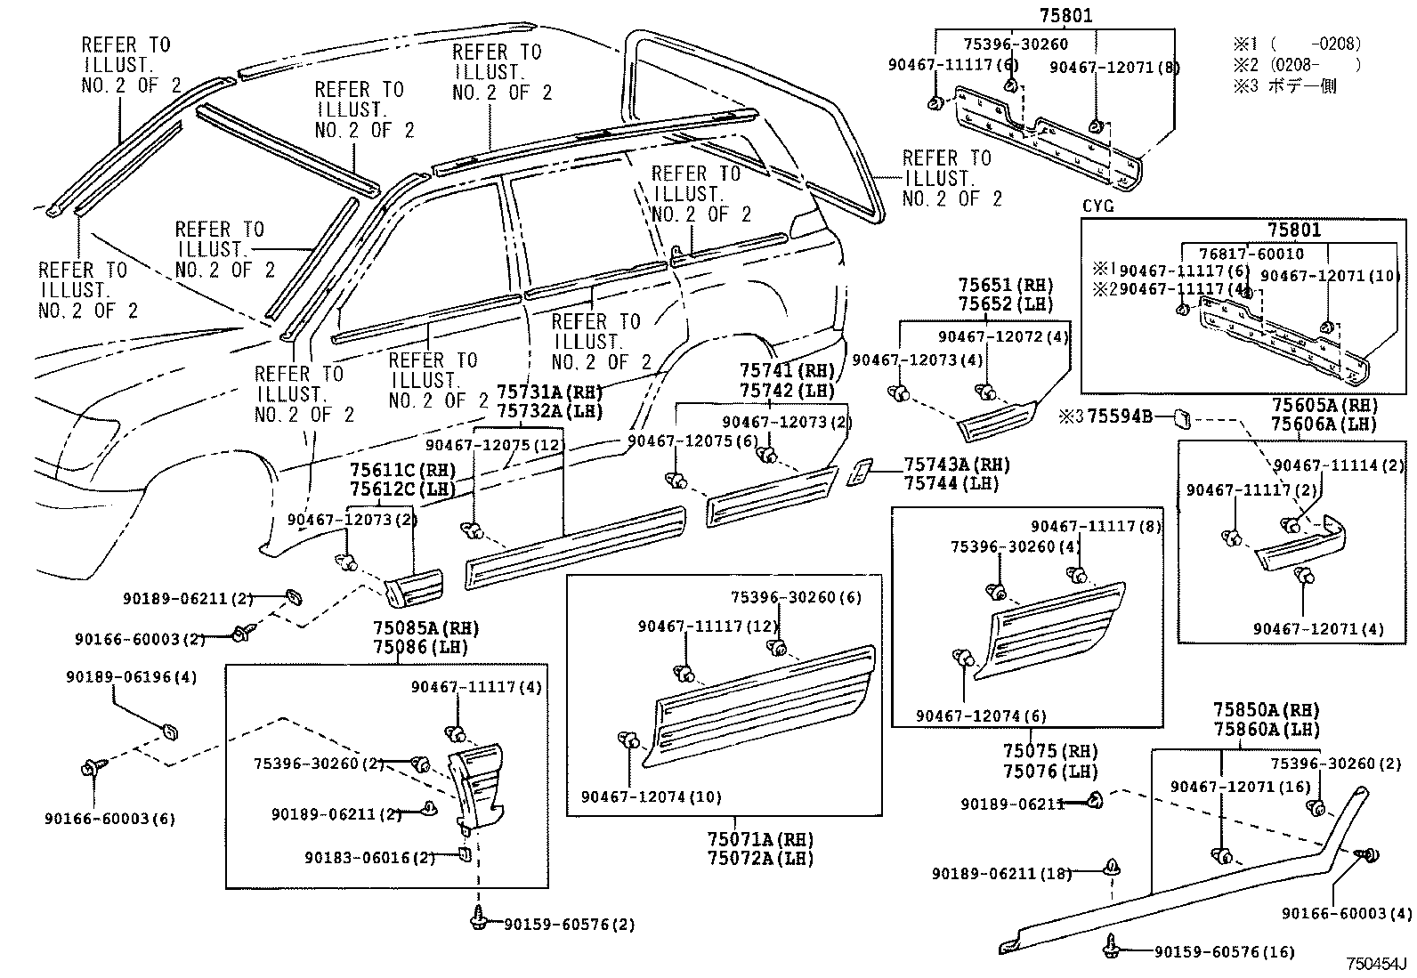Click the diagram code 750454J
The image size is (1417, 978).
pos(1375,965)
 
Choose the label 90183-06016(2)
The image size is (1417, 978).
pos(368,858)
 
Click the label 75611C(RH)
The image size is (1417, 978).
pos(401,470)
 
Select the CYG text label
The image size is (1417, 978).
pos(1097,206)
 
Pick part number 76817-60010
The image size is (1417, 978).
pos(1250,254)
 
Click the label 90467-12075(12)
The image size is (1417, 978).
pos(495,445)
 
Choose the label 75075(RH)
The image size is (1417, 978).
pos(1049,751)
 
